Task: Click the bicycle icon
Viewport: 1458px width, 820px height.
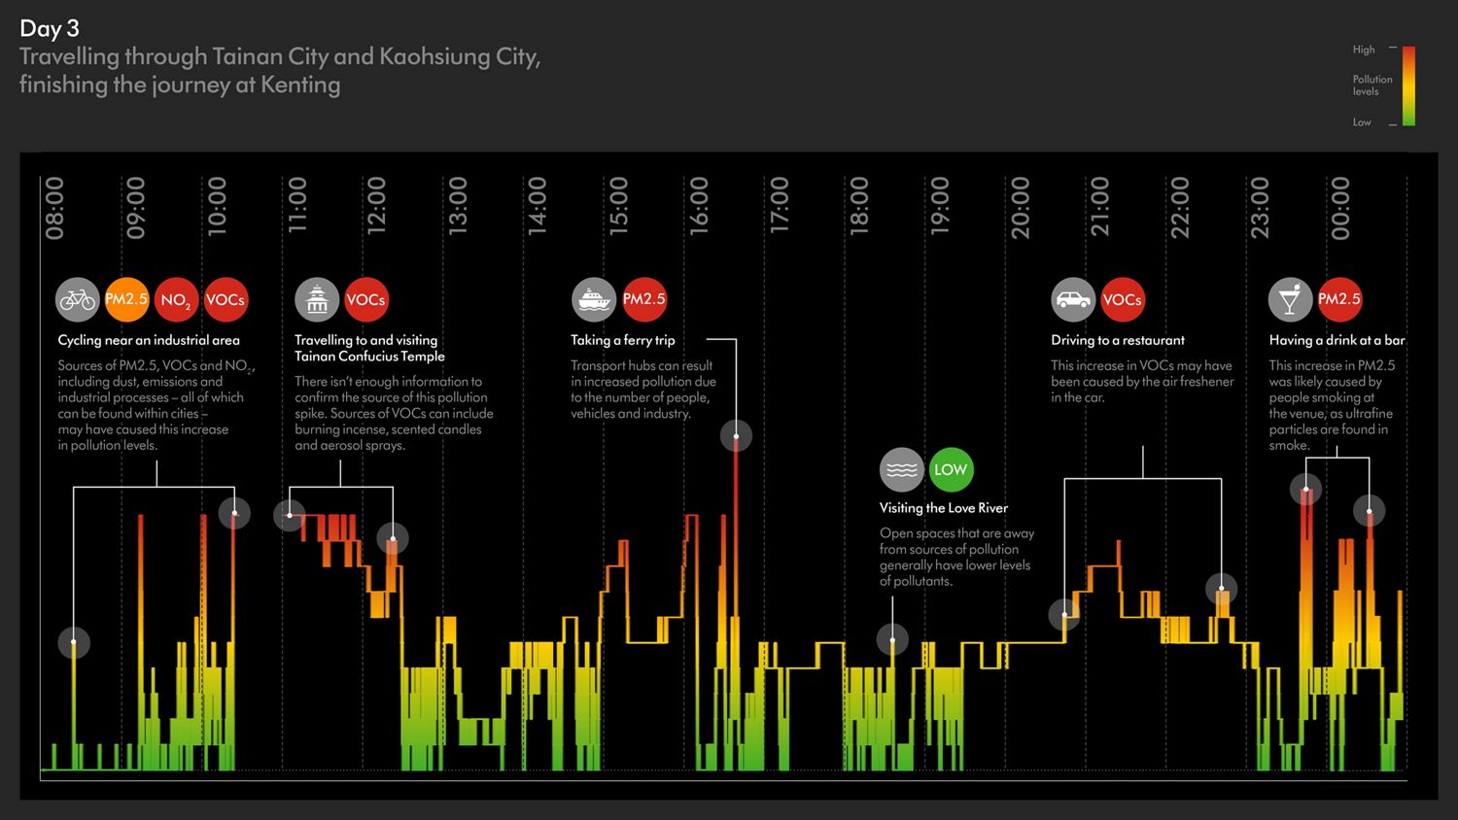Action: [x=77, y=300]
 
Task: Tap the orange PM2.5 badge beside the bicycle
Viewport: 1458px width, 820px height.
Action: [x=126, y=300]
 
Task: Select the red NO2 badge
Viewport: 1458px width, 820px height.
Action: [x=176, y=300]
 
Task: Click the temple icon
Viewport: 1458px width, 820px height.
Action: [x=317, y=300]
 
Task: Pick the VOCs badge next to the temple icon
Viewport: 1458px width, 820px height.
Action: [x=366, y=300]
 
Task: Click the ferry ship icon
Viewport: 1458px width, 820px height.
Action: [x=594, y=300]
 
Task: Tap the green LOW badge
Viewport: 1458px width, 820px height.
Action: [x=951, y=470]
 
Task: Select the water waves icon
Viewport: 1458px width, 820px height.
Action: [x=901, y=470]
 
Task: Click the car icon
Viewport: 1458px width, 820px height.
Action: [x=1073, y=300]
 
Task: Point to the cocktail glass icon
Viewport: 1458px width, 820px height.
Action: [x=1290, y=300]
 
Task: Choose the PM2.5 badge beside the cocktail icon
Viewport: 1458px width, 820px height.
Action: [x=1339, y=300]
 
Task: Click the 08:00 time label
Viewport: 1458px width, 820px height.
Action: [x=55, y=208]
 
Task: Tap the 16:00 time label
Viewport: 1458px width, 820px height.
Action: [x=699, y=208]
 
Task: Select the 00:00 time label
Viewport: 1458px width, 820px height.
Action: [x=1340, y=208]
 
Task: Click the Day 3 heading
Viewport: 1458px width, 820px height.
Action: [x=50, y=29]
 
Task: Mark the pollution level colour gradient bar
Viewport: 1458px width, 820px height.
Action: [x=1408, y=85]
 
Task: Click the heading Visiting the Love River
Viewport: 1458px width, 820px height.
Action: [x=943, y=508]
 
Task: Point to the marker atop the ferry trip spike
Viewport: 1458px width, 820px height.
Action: [x=736, y=436]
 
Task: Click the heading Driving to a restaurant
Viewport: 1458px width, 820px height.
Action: [x=1117, y=340]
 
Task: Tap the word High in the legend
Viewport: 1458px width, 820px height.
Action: [x=1364, y=50]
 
